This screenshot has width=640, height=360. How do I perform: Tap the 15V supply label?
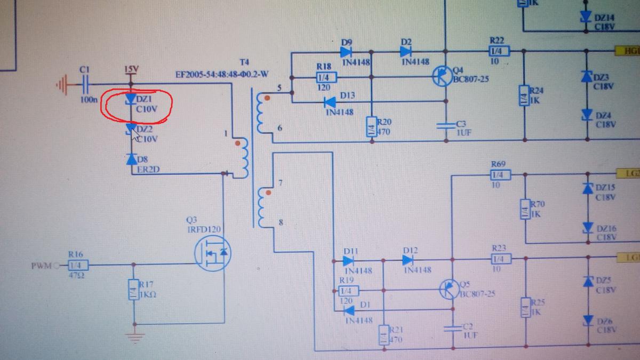[x=131, y=70]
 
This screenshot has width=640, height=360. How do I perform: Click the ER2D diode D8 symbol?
[x=131, y=159]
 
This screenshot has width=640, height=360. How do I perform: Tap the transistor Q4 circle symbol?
[x=442, y=77]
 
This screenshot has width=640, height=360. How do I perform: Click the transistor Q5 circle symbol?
[x=450, y=290]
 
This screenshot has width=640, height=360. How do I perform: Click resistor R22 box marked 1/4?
[x=499, y=51]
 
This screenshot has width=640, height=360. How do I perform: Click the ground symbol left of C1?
[x=63, y=84]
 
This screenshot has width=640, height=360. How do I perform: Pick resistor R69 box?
[x=500, y=174]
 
